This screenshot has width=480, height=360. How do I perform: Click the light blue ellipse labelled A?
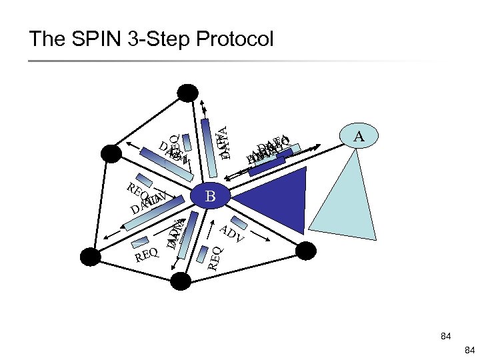point(359,137)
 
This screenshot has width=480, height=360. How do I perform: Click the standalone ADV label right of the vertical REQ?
point(233,233)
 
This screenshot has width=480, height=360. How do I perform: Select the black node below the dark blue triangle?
point(305,251)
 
